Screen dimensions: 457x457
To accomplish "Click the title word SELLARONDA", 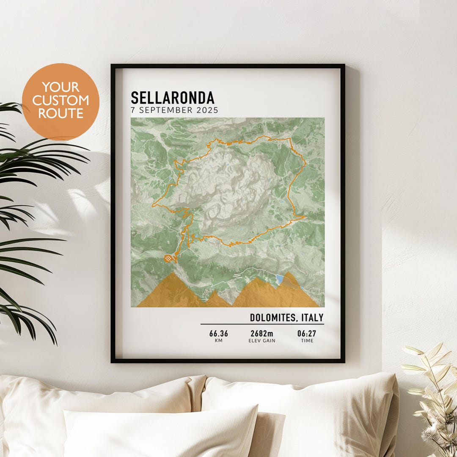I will coord(172,98).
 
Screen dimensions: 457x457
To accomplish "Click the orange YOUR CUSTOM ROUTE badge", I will coord(61,102).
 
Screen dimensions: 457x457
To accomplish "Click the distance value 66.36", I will coord(218,333).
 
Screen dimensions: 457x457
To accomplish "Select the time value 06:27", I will coord(307,333).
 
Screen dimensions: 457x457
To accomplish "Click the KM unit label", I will coord(218,341).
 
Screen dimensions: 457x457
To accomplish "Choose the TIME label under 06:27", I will coord(307,341).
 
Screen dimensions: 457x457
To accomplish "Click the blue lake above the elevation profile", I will coord(279,278).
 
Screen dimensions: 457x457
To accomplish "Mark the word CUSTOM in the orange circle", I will coord(61,101).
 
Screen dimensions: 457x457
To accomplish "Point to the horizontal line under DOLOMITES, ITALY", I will coord(262,324).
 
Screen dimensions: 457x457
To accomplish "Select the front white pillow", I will coord(161,432).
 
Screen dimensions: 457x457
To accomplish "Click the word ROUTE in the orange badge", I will coord(61,113).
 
